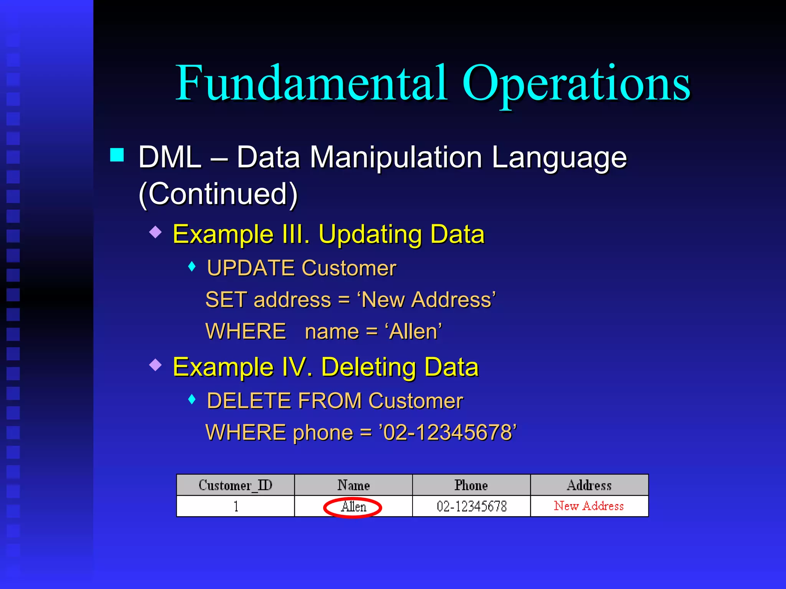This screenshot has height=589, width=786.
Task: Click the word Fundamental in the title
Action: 311,84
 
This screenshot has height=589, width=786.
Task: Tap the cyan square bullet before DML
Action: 117,155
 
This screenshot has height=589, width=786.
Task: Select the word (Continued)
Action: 218,194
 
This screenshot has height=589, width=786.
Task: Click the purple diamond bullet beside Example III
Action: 155,232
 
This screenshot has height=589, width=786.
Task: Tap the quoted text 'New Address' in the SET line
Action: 426,300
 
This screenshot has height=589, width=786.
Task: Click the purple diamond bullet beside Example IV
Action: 155,365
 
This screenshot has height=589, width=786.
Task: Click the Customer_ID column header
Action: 235,485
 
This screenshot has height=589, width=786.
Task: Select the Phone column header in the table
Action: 471,485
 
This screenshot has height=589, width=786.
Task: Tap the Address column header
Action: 589,485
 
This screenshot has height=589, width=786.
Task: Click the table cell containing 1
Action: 236,507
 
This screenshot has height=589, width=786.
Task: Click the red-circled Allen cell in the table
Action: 353,507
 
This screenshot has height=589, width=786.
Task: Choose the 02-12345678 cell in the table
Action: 471,507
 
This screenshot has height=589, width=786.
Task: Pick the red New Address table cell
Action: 589,506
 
